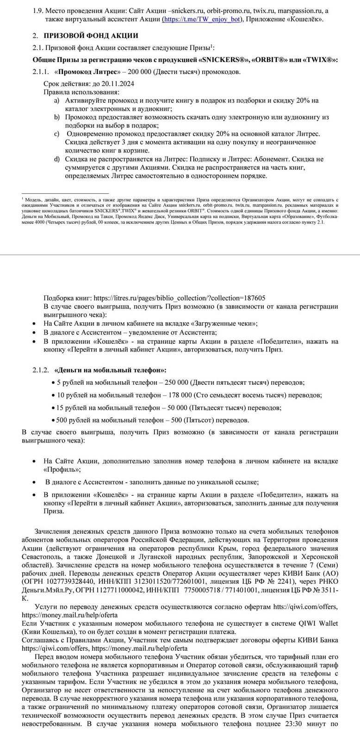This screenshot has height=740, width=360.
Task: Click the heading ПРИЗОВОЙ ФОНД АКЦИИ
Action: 91,36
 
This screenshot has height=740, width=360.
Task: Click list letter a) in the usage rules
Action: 56,100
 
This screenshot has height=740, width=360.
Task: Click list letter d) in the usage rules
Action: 56,159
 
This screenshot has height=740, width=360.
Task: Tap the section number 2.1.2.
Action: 40,370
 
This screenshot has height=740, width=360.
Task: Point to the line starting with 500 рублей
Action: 152,420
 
